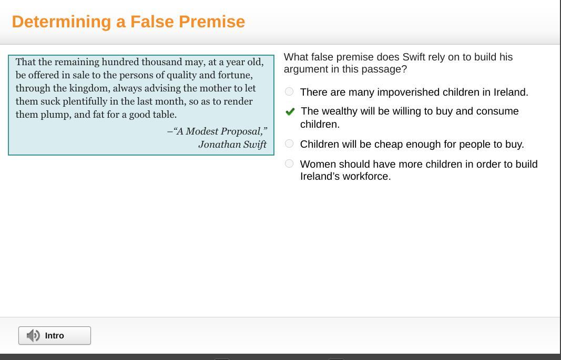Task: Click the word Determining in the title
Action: (62, 22)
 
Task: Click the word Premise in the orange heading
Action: (212, 22)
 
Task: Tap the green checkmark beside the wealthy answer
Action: (290, 112)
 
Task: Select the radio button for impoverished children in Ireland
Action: (289, 91)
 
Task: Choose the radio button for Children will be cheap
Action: (289, 143)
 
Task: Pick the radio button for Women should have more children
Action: (289, 164)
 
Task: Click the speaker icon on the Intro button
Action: (33, 335)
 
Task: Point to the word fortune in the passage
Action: (235, 76)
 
